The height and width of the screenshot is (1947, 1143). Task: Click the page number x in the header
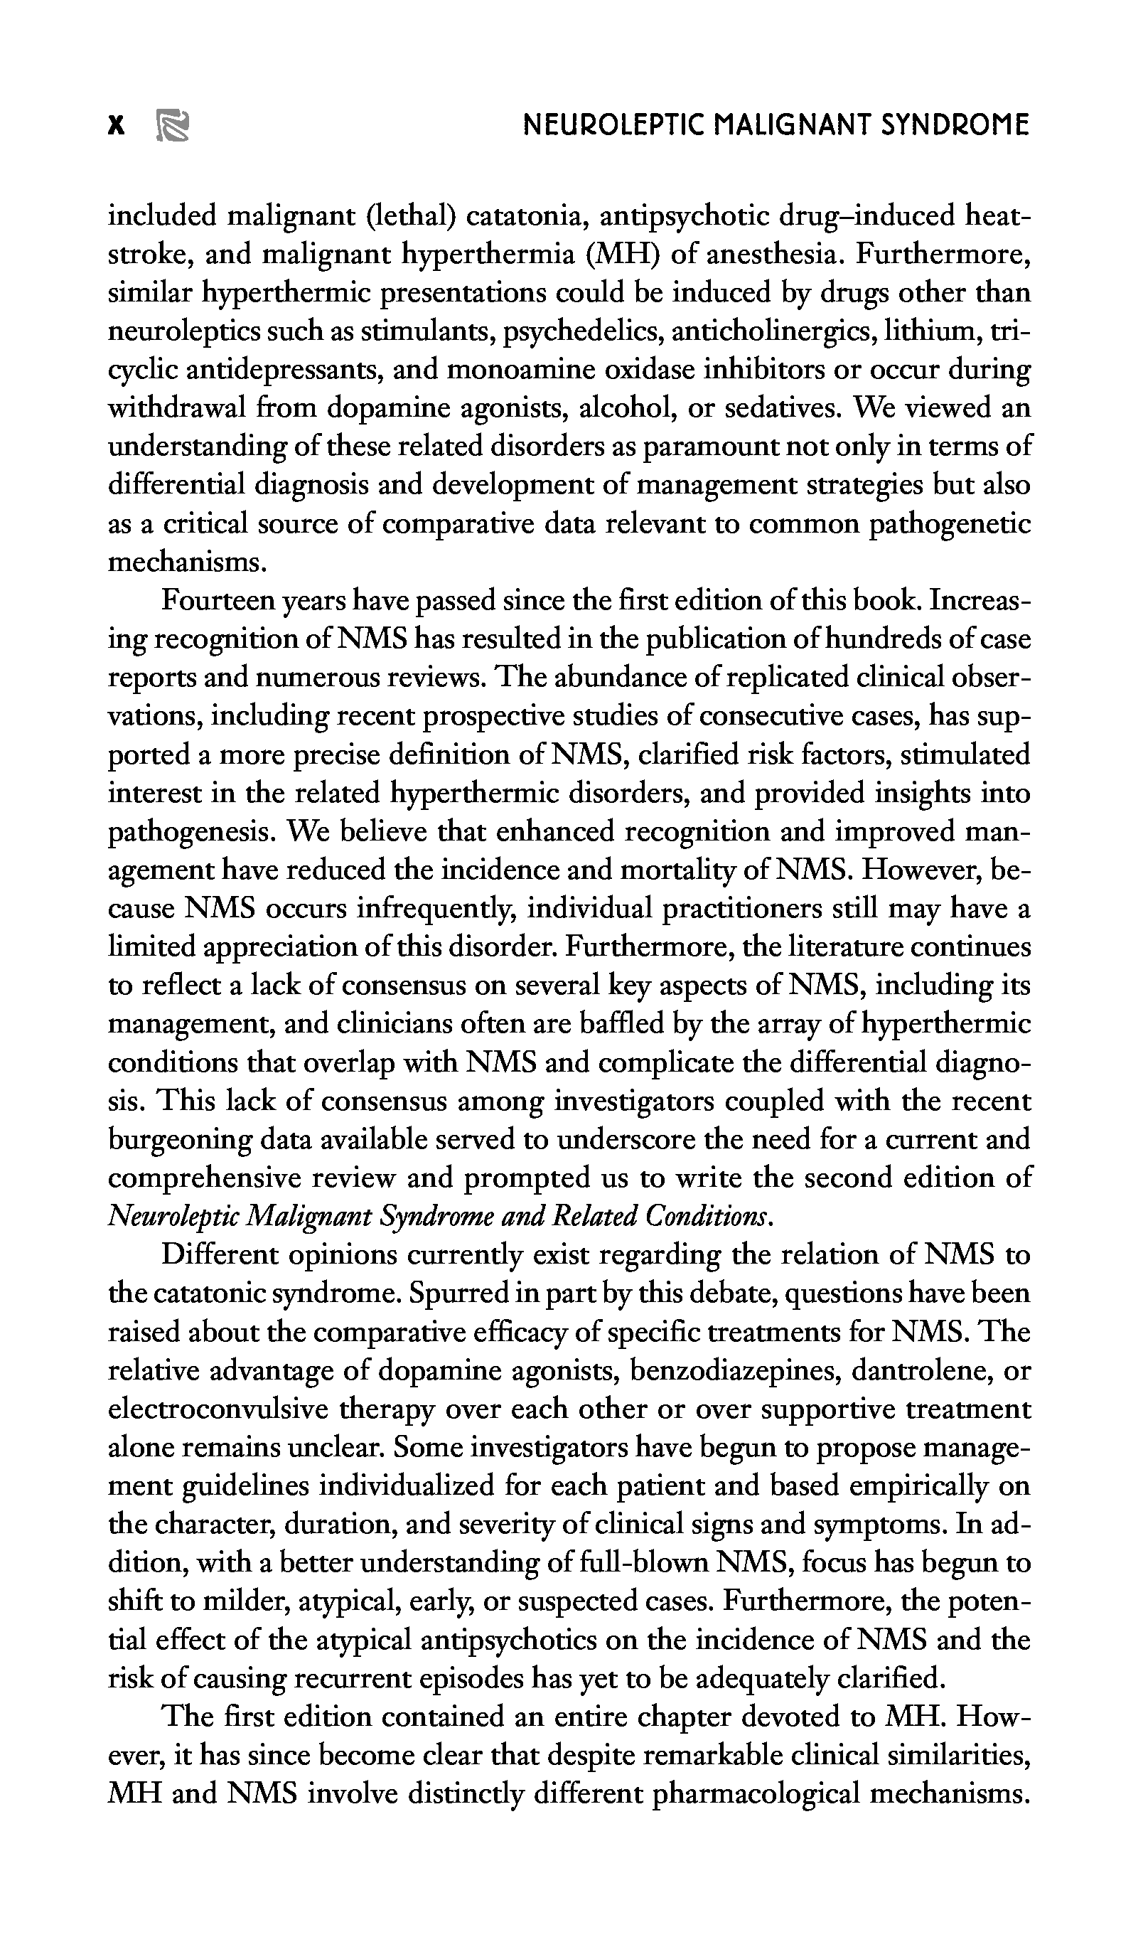(116, 125)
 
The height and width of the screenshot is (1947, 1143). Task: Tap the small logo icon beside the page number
(173, 126)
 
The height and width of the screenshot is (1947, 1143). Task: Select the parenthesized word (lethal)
(409, 215)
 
